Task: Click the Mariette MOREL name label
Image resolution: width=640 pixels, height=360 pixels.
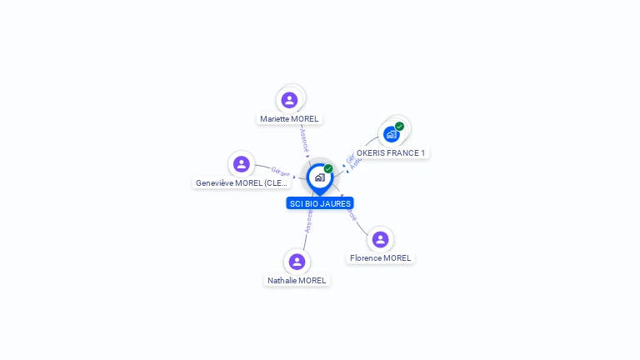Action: tap(289, 119)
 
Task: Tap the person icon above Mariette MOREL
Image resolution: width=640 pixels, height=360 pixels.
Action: tap(289, 100)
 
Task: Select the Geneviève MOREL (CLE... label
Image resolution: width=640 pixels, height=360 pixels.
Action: tap(241, 183)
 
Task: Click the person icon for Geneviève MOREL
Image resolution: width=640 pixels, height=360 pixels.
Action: tap(242, 164)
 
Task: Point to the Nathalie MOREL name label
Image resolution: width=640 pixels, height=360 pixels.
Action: tap(297, 281)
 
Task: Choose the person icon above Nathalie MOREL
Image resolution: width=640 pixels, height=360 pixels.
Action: tap(297, 262)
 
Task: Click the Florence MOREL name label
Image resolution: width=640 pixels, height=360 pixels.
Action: tap(380, 258)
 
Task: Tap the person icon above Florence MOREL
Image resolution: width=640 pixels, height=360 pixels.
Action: tap(380, 239)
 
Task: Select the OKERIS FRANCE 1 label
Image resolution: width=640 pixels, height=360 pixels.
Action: tap(391, 153)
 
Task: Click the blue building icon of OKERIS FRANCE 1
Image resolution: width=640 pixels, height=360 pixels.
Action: tap(391, 134)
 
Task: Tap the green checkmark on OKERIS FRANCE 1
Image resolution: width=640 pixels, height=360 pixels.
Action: tap(400, 127)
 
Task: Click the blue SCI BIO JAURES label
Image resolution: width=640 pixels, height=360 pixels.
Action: tap(320, 203)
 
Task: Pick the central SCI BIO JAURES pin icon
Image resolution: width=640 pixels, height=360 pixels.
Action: tap(319, 177)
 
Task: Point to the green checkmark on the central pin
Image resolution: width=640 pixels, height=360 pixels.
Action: tap(328, 169)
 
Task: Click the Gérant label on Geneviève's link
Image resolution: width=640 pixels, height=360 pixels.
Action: tap(280, 172)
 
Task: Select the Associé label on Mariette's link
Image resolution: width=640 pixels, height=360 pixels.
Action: tap(304, 139)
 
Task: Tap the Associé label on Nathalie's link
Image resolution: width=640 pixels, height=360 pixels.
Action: tap(308, 221)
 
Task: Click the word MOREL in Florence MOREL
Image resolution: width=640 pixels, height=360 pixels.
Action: tap(397, 258)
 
